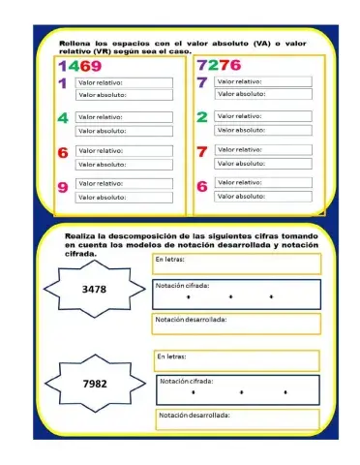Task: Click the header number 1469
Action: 80,66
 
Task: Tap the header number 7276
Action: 218,66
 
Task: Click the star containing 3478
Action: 94,289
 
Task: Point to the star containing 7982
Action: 94,383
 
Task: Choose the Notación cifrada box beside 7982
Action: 237,388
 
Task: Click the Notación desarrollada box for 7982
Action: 237,418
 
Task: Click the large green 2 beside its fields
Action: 202,116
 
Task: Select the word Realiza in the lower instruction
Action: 80,236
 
